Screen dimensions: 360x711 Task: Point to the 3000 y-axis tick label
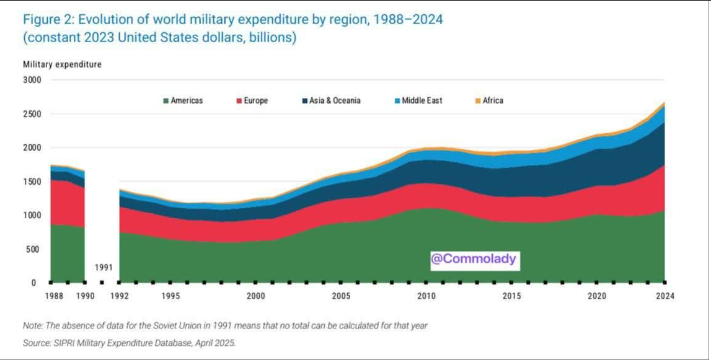point(32,80)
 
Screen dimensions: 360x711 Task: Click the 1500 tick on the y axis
point(32,182)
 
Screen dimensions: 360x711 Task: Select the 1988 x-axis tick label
point(54,296)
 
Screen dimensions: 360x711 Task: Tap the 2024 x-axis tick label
point(665,296)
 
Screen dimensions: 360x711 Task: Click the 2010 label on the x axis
point(426,296)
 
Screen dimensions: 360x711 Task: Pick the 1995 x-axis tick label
point(171,296)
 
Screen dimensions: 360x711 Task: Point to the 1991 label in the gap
point(103,268)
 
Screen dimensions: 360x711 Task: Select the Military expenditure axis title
point(62,64)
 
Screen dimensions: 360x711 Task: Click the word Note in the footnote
point(32,325)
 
